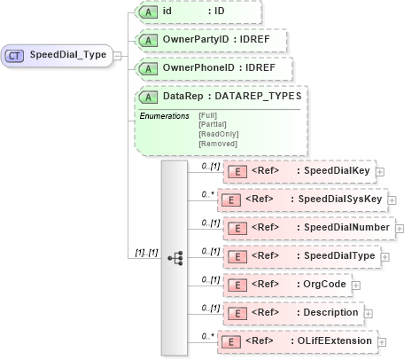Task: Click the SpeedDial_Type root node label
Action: [x=68, y=55]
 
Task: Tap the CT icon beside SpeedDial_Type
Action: [x=15, y=55]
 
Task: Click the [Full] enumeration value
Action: [x=208, y=115]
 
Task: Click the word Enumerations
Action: [x=164, y=115]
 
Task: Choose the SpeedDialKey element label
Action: [x=337, y=172]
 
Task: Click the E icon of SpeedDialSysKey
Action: [x=231, y=200]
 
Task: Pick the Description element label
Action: [x=330, y=312]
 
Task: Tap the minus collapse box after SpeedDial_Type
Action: [x=118, y=55]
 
